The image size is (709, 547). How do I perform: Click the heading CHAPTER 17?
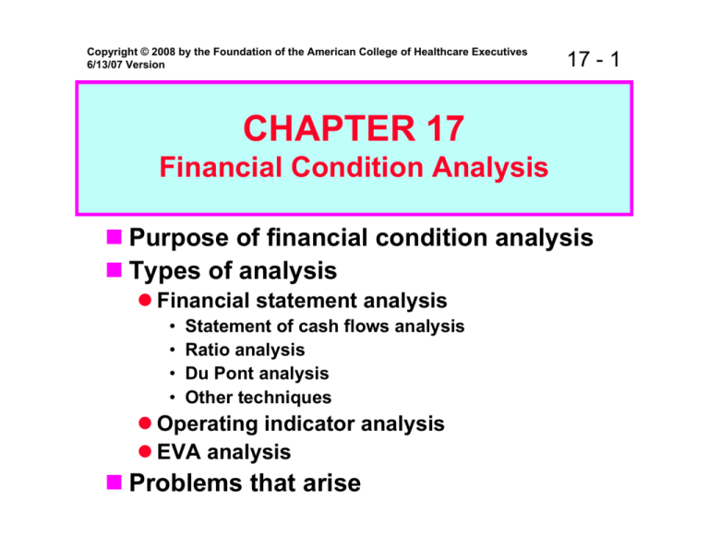(354, 129)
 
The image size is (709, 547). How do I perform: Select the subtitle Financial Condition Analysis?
(354, 169)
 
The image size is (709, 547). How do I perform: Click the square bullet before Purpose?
(113, 239)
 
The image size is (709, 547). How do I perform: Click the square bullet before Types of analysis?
(113, 271)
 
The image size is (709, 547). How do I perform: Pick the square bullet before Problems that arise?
(113, 482)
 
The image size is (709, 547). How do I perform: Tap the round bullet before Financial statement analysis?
(146, 301)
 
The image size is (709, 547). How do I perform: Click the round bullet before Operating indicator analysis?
(146, 423)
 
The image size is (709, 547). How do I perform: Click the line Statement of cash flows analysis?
(324, 326)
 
